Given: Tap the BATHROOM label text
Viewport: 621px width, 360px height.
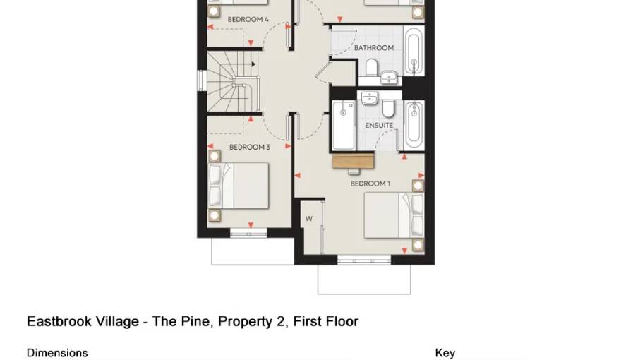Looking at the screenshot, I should tap(373, 48).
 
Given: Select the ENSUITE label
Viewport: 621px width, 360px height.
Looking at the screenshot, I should tap(379, 126).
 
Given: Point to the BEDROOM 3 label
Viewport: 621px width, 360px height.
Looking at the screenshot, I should tap(249, 148).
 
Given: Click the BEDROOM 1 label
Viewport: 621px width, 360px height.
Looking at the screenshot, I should tap(370, 184).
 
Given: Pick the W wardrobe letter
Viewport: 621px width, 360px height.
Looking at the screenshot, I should tap(308, 219).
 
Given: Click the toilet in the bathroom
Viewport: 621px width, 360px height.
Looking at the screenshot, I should tap(371, 68).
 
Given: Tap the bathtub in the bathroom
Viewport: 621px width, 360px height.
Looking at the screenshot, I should tap(414, 52).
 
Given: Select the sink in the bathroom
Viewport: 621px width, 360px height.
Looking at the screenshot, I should tap(389, 76).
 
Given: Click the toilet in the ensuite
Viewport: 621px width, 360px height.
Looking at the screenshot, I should tap(387, 107).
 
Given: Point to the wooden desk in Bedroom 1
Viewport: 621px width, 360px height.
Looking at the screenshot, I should tap(352, 162).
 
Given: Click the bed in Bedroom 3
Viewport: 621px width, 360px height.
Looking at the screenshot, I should tap(240, 186).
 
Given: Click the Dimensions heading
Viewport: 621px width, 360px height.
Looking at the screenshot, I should tap(57, 353).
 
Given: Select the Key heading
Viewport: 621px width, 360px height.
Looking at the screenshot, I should tap(445, 353).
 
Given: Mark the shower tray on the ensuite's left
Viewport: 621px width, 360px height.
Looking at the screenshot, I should tap(344, 126).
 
